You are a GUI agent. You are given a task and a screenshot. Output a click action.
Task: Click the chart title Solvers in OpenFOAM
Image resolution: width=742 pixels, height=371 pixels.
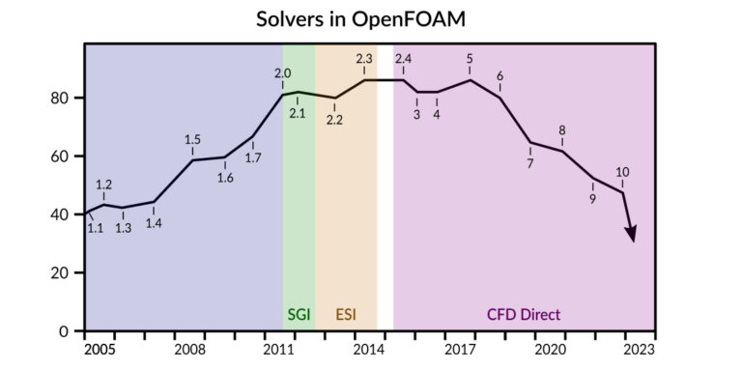[370, 18]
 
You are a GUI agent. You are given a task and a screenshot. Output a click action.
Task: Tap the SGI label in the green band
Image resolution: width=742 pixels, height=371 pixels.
[299, 315]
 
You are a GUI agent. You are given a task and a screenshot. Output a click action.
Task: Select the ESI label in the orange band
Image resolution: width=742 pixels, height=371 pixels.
[346, 315]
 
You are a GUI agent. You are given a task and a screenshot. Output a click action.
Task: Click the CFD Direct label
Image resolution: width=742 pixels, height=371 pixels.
[523, 315]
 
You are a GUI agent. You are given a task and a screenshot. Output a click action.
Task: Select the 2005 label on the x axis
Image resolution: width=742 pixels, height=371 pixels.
[100, 349]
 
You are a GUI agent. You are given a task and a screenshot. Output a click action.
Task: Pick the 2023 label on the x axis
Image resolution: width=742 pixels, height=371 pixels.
[639, 349]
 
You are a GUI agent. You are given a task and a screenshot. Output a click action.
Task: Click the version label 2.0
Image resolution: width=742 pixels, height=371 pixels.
[283, 73]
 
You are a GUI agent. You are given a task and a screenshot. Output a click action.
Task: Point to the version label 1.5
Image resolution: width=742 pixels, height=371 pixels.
[192, 139]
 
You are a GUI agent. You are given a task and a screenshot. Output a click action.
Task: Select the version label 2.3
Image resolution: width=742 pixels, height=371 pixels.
[365, 59]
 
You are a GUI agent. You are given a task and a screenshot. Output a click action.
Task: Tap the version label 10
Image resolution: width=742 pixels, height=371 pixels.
[622, 172]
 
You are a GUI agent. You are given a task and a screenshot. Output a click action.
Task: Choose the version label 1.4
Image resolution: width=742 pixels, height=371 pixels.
[154, 224]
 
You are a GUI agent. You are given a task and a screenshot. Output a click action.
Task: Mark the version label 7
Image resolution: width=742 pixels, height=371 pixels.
[530, 164]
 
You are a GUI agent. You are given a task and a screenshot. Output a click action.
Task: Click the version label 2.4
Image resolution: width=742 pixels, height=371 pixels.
[404, 59]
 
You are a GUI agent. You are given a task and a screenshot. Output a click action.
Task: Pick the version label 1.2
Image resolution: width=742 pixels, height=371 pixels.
[104, 185]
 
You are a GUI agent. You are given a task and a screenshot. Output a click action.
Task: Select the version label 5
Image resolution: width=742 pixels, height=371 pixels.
[470, 59]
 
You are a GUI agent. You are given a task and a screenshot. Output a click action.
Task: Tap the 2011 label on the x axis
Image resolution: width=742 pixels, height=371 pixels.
[280, 349]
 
